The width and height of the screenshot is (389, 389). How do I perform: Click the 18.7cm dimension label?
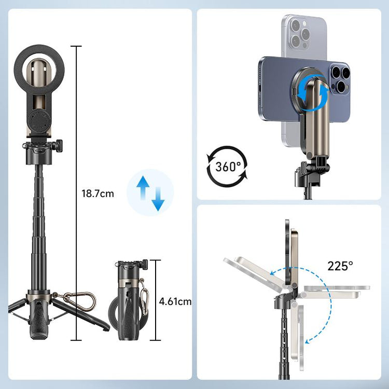pyautogui.click(x=98, y=194)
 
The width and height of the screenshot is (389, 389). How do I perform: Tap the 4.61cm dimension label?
pyautogui.click(x=175, y=301)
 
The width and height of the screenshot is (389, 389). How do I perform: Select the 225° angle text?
pyautogui.click(x=340, y=266)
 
